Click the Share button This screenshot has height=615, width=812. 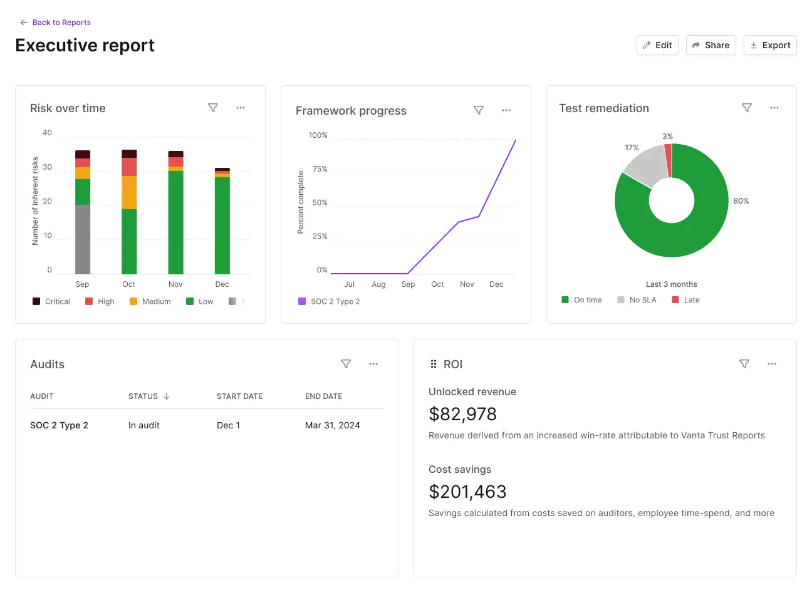coord(710,45)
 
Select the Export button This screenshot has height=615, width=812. coord(770,45)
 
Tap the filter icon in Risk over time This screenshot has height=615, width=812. coord(213,108)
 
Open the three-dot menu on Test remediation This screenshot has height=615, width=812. coord(774,108)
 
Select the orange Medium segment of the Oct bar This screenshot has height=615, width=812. coord(129,192)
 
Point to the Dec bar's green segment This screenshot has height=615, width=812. coord(222,225)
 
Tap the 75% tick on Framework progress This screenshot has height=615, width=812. coord(320,169)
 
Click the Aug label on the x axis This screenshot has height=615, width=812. coord(378,284)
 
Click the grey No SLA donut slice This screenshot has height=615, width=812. coord(645,165)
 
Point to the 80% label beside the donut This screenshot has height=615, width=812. coord(741,201)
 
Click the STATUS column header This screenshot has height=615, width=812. coord(143,396)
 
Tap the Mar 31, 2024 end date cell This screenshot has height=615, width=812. coord(332,425)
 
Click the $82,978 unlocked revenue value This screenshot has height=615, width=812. coord(462,414)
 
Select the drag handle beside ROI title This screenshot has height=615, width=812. coord(434,364)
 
